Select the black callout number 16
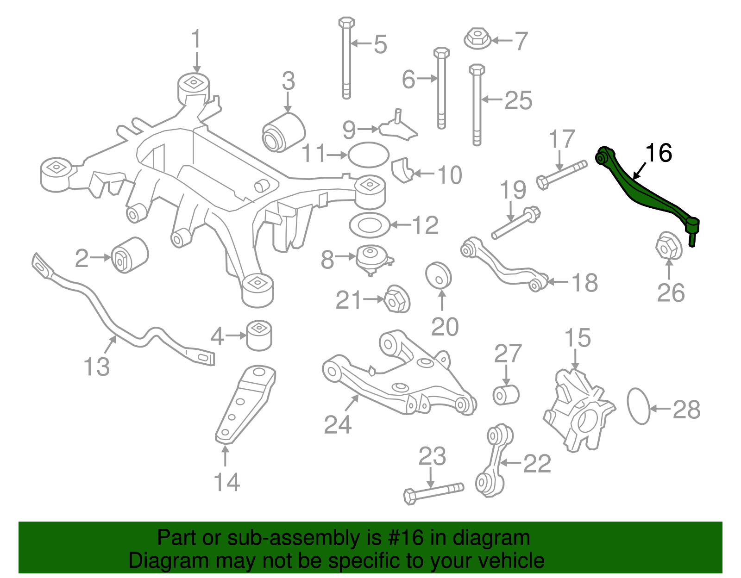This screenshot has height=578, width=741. point(658,153)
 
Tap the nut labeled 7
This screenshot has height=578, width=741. point(477,38)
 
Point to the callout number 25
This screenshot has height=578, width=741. point(518,100)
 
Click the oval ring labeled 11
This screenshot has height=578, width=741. point(368,155)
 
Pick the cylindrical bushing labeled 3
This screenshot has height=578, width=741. point(284,131)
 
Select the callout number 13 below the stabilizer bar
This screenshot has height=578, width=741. point(96,367)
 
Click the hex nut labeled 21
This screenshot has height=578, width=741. point(397,299)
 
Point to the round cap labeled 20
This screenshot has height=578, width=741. point(438,275)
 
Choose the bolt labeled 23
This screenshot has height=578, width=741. point(433,493)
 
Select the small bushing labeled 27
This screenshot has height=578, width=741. point(506,395)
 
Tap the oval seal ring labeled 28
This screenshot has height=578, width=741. point(639,406)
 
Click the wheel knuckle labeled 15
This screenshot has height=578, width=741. point(579,410)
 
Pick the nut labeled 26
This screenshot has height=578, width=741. point(669,245)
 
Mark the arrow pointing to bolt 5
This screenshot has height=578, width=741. point(361,44)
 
